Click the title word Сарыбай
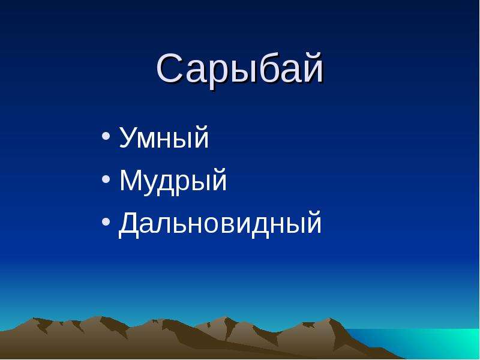(239, 70)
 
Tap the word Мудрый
(173, 181)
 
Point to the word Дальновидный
(220, 223)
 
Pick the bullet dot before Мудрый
(106, 179)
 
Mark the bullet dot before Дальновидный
(106, 221)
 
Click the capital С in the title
(170, 68)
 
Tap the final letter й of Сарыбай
(312, 68)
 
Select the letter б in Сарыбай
(262, 68)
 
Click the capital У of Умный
(128, 139)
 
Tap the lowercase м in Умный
(151, 141)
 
